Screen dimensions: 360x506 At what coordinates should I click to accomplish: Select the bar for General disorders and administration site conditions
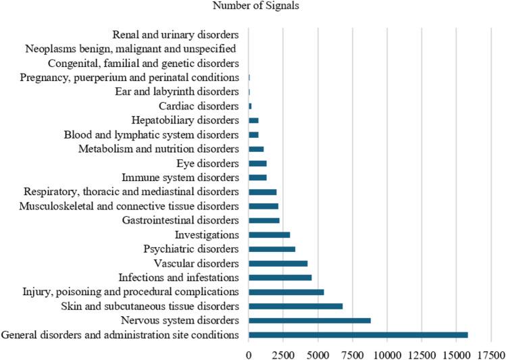358,335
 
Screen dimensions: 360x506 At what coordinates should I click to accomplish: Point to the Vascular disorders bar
278,263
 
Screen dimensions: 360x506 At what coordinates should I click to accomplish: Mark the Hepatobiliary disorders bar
253,120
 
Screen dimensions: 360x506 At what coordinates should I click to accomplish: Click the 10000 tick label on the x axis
387,353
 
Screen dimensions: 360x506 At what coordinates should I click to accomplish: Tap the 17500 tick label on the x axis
491,353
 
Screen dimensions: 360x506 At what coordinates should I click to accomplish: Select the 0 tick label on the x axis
249,353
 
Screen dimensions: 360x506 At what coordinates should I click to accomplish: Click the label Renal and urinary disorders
176,34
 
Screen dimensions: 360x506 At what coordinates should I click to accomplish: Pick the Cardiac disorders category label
199,106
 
